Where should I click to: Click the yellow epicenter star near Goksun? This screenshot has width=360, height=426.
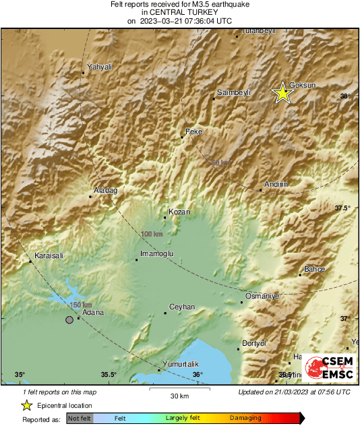(282, 94)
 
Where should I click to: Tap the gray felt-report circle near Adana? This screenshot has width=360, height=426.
(69, 319)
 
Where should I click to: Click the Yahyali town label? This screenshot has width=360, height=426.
(100, 67)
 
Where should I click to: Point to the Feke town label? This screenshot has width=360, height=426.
(193, 131)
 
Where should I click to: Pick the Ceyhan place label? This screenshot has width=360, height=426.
(182, 307)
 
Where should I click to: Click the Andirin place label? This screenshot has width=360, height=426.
(276, 184)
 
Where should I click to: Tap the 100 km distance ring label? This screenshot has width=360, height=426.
(152, 234)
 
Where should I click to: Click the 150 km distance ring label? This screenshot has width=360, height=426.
(80, 305)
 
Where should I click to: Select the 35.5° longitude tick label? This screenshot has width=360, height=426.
(109, 375)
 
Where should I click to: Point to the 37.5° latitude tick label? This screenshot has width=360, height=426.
(342, 208)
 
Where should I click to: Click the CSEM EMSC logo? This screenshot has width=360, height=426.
(327, 368)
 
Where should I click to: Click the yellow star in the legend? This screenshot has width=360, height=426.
(26, 405)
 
